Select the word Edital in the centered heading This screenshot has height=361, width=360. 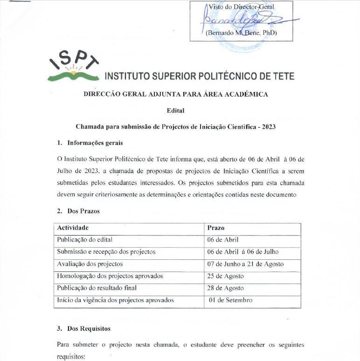pyautogui.click(x=175, y=111)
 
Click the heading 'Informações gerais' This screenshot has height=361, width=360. pyautogui.click(x=95, y=143)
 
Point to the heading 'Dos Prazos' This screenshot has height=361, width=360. pyautogui.click(x=83, y=211)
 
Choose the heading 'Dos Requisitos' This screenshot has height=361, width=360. pyautogui.click(x=89, y=328)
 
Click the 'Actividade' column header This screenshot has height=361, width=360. pyautogui.click(x=73, y=228)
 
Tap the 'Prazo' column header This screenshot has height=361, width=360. pyautogui.click(x=216, y=228)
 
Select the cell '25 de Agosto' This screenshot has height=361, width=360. pyautogui.click(x=226, y=276)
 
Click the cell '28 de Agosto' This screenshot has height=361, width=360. pyautogui.click(x=226, y=288)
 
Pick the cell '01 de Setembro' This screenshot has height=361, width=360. pyautogui.click(x=231, y=300)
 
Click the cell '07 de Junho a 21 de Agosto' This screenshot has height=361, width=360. pyautogui.click(x=245, y=264)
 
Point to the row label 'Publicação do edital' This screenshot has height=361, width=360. pyautogui.click(x=85, y=240)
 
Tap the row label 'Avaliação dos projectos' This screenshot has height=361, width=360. pyautogui.click(x=90, y=264)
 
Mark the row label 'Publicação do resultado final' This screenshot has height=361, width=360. pyautogui.click(x=97, y=288)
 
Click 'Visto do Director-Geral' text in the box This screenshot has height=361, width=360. pyautogui.click(x=241, y=6)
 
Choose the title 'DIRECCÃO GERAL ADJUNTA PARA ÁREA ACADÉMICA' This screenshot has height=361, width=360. pyautogui.click(x=175, y=94)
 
